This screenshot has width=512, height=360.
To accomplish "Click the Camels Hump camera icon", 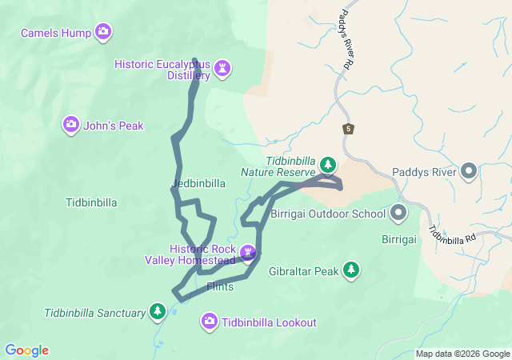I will pyautogui.click(x=102, y=32).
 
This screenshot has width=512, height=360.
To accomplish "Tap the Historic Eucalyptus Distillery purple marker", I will pyautogui.click(x=222, y=70).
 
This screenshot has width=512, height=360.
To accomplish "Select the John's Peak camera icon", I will pyautogui.click(x=71, y=124).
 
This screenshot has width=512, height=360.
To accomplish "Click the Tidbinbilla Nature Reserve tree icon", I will pyautogui.click(x=327, y=165).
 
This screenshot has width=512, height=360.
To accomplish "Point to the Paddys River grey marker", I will pyautogui.click(x=469, y=172).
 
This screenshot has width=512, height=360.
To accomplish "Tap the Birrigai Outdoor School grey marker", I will pyautogui.click(x=398, y=213).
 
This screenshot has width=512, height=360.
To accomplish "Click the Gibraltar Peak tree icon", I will pyautogui.click(x=350, y=270).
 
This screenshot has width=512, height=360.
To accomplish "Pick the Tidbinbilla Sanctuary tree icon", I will pyautogui.click(x=158, y=311).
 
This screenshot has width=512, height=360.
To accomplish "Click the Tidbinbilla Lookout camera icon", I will pyautogui.click(x=209, y=322).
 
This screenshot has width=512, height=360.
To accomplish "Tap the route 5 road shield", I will pyautogui.click(x=348, y=129).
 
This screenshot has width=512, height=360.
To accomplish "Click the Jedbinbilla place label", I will pyautogui.click(x=198, y=183).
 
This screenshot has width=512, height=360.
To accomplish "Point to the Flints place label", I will pyautogui.click(x=219, y=286).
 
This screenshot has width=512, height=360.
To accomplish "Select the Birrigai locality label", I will pyautogui.click(x=398, y=239).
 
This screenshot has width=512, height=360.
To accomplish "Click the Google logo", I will pyautogui.click(x=26, y=350).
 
